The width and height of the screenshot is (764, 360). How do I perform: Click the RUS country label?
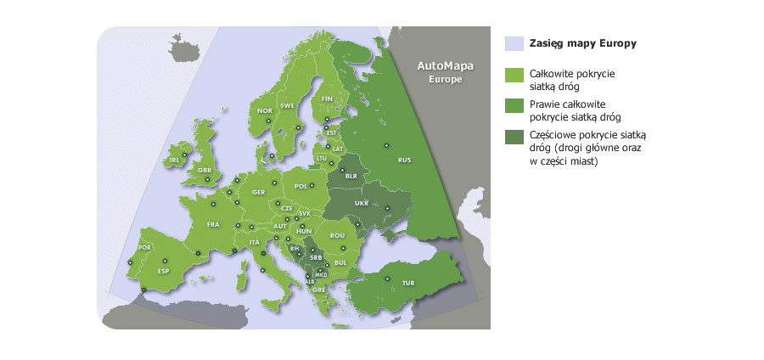point(405,159)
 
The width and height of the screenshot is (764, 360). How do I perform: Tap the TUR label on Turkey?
point(407,283)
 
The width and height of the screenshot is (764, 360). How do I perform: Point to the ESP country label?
point(164,271)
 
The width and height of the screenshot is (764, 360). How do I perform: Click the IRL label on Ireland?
point(175,159)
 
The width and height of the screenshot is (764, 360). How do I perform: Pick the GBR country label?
point(204,170)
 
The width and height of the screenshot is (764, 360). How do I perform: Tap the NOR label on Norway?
point(265,110)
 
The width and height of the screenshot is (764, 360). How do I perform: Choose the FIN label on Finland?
point(327,98)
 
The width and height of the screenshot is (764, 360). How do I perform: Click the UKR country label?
point(362,204)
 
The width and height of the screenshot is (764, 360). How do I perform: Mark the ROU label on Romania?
point(337,235)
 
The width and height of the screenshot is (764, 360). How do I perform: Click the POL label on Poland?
point(301,186)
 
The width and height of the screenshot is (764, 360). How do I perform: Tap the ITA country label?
point(254,243)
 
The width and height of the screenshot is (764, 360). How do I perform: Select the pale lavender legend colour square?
point(514,43)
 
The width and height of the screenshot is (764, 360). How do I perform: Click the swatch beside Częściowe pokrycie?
point(514,137)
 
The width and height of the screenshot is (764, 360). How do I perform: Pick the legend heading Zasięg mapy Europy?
point(582,43)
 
